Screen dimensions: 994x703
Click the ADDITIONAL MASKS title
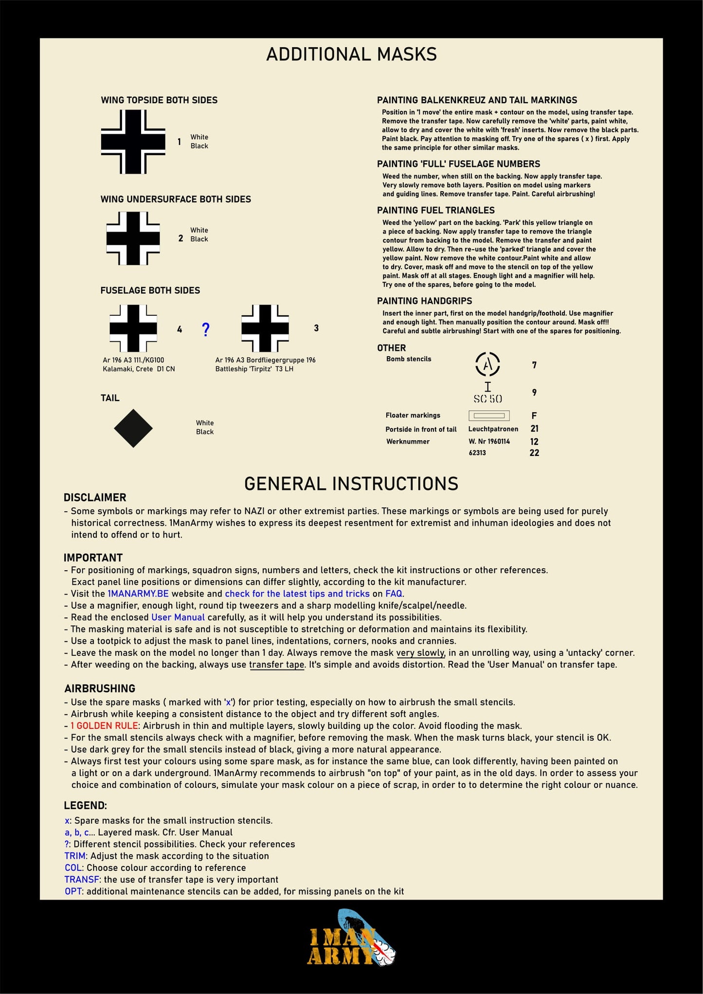click(351, 54)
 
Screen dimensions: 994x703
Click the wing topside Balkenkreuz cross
click(133, 142)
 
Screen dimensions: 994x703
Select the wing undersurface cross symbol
click(133, 238)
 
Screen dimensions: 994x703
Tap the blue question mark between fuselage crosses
click(206, 329)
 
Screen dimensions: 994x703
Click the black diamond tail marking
click(133, 428)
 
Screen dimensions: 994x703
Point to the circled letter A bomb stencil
click(487, 364)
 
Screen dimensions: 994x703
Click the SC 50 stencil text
click(487, 399)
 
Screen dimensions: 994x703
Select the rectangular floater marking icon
click(489, 416)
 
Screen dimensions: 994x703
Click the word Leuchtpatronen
click(493, 429)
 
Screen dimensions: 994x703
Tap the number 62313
click(477, 453)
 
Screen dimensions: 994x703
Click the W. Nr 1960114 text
click(489, 441)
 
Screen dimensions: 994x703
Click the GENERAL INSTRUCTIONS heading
click(351, 484)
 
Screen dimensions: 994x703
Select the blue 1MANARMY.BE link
click(138, 594)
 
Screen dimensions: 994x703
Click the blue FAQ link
click(394, 594)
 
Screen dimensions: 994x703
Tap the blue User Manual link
click(178, 617)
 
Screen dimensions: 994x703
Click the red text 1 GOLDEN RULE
click(105, 725)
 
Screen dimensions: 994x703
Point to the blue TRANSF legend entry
click(82, 880)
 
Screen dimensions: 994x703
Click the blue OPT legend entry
click(74, 891)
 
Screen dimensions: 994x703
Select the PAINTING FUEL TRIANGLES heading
click(435, 210)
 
